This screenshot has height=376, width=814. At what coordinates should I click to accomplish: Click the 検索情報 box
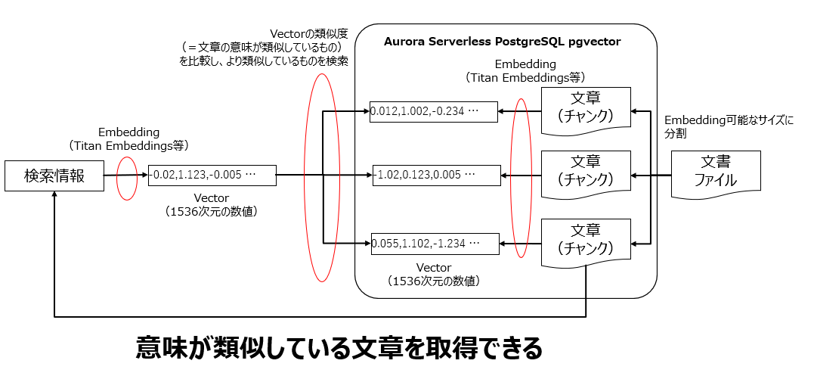point(54,176)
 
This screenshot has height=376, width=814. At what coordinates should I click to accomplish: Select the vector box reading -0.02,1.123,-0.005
point(212,175)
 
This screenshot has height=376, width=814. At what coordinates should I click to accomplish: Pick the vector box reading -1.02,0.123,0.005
point(435,175)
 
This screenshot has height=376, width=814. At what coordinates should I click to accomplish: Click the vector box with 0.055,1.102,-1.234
point(434,244)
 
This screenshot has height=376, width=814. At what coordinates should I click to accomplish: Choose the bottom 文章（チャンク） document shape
point(586,241)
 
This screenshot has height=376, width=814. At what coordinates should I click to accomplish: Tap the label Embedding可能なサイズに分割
point(729,126)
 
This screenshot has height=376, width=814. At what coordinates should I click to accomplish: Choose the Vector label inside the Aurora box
point(434,268)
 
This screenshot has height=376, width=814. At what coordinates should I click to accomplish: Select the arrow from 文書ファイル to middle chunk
point(652,176)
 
